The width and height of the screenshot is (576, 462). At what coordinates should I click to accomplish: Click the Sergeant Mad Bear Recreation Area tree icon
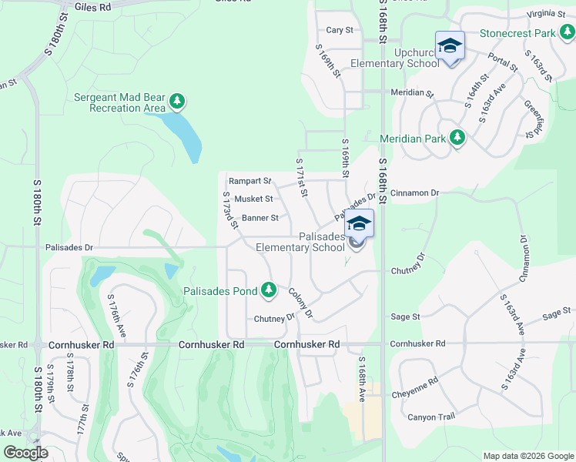pyautogui.click(x=178, y=101)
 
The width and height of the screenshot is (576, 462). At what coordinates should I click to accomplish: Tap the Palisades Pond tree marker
pyautogui.click(x=269, y=291)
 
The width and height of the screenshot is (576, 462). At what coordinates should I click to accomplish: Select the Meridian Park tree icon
pyautogui.click(x=457, y=138)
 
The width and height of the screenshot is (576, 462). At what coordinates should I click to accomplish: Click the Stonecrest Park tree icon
pyautogui.click(x=566, y=32)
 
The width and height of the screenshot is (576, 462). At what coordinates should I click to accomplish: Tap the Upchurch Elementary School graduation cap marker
pyautogui.click(x=450, y=45)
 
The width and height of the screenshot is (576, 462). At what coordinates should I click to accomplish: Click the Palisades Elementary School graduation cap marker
pyautogui.click(x=358, y=224)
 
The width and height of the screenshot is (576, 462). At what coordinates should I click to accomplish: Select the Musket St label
pyautogui.click(x=253, y=199)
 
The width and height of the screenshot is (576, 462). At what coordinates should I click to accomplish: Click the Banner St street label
pyautogui.click(x=260, y=218)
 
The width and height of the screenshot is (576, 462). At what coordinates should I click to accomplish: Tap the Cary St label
pyautogui.click(x=339, y=30)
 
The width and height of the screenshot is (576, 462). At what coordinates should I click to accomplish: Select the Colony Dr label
pyautogui.click(x=300, y=303)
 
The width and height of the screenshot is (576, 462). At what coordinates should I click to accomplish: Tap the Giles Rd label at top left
pyautogui.click(x=93, y=6)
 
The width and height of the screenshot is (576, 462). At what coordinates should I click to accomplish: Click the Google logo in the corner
pyautogui.click(x=25, y=453)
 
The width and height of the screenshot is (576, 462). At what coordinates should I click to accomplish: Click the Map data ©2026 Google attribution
pyautogui.click(x=527, y=456)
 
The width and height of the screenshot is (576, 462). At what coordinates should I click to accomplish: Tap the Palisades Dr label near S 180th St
pyautogui.click(x=69, y=248)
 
